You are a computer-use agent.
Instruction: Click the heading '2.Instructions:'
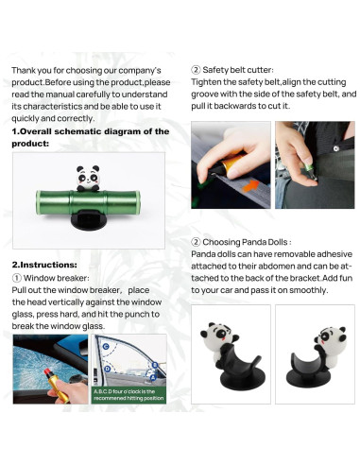(x=43, y=264)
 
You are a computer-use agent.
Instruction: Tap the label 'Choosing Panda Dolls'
(x=240, y=242)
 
